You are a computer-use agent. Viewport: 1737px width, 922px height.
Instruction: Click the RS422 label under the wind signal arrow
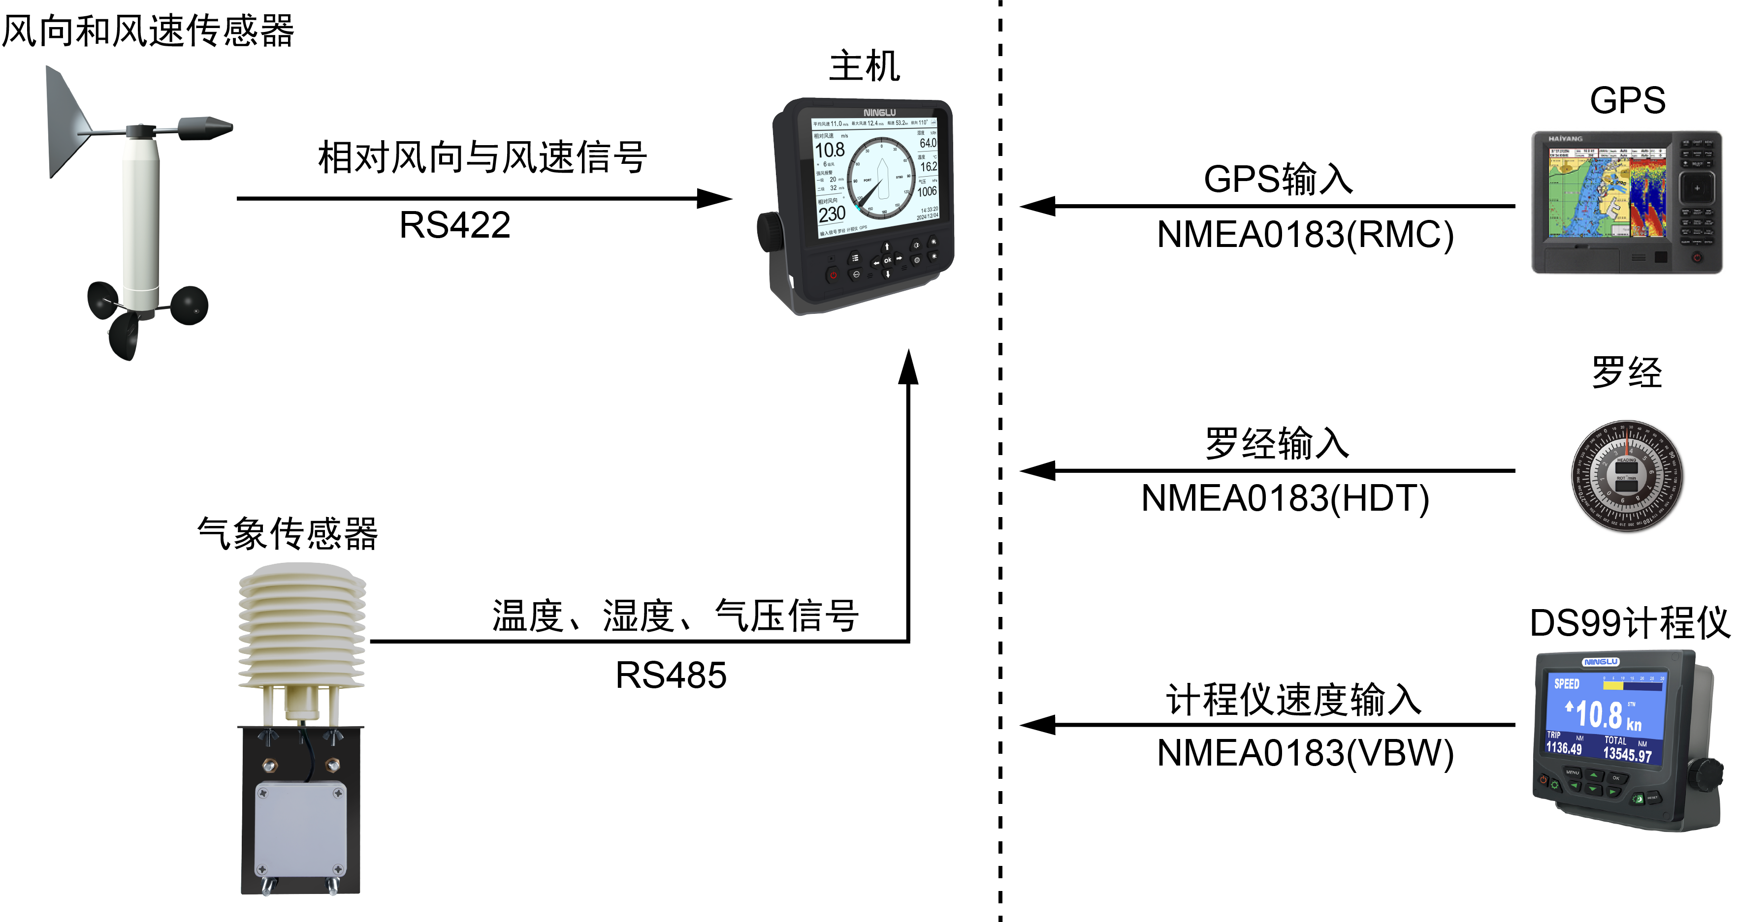pos(454,225)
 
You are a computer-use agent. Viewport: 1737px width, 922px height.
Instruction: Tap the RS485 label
pos(671,676)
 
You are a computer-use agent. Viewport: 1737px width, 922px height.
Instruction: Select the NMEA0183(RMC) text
pos(1305,235)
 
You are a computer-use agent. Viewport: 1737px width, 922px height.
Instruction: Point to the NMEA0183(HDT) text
pos(1285,499)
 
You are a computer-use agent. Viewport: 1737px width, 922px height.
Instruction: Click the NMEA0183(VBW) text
pos(1305,754)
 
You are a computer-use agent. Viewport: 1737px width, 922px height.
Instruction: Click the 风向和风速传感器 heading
pos(148,31)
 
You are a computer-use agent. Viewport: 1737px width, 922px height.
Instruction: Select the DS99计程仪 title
pos(1629,623)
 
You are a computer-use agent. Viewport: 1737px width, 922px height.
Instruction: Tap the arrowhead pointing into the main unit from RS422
pos(715,199)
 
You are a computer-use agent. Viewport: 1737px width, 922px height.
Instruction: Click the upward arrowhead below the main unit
pos(908,368)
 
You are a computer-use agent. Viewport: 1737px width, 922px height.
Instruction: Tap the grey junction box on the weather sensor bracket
pos(301,830)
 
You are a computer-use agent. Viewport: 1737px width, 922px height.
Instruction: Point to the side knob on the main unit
pos(770,233)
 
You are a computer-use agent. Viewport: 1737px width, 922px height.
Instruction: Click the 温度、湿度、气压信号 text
pos(675,616)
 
